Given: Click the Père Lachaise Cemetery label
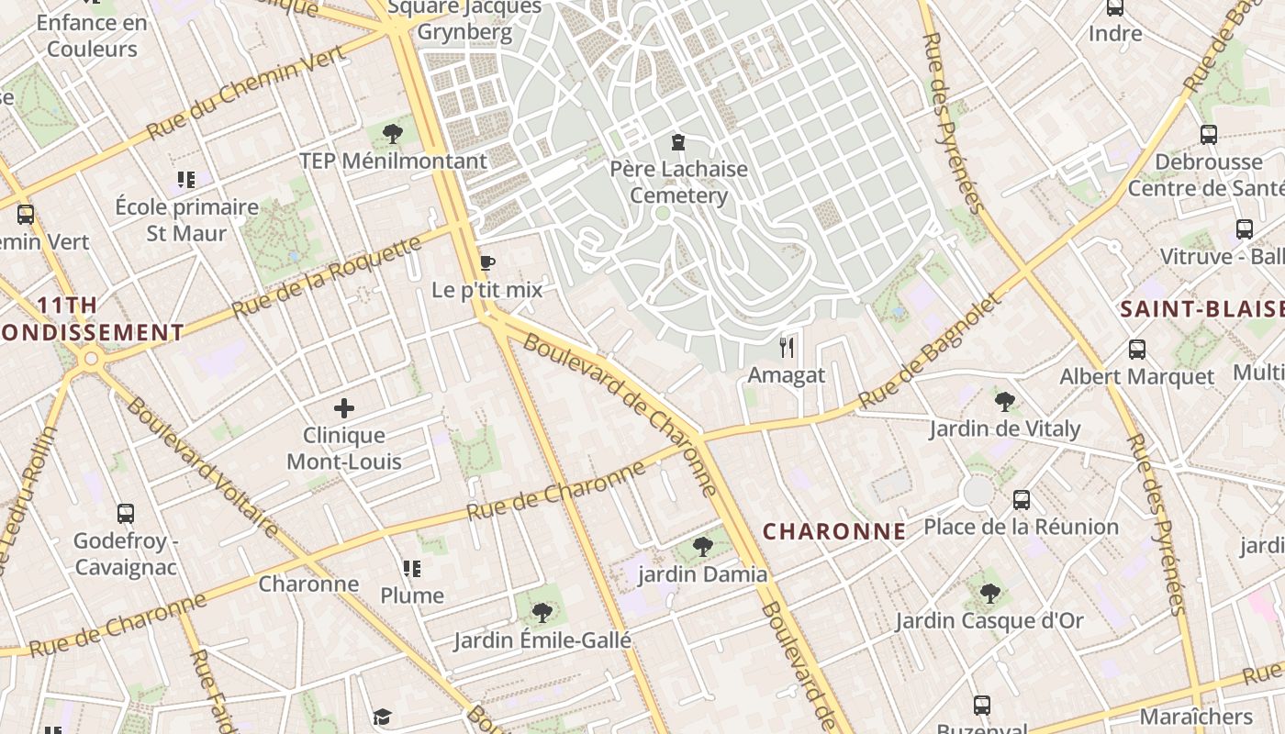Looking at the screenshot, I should click(x=679, y=183).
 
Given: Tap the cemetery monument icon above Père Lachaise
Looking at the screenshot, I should click(x=678, y=142).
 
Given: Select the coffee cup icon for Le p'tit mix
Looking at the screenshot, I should click(x=486, y=264).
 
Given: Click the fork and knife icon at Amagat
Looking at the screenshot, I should click(x=787, y=347).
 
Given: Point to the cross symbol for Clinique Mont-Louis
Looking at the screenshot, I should click(x=344, y=408).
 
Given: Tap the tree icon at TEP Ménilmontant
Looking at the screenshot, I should click(x=393, y=134).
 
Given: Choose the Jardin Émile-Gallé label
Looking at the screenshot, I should click(x=542, y=639).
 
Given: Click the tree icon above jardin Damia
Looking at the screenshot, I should click(x=703, y=547).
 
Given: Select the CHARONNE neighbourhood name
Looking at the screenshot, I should click(x=834, y=531).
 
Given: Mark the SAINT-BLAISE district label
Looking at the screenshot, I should click(x=1201, y=309).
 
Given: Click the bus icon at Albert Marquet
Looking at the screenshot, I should click(x=1137, y=350).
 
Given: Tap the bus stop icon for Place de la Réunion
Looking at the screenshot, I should click(x=1022, y=500).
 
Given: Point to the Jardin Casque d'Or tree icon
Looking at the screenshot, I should click(x=989, y=594).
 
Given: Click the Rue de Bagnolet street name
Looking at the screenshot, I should click(x=928, y=353).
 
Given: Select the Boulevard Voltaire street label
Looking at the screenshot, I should click(x=202, y=468).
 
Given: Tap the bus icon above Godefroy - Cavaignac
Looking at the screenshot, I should click(x=126, y=514).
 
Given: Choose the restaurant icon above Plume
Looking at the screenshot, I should click(x=412, y=569).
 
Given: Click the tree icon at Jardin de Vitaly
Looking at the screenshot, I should click(x=1005, y=401).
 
